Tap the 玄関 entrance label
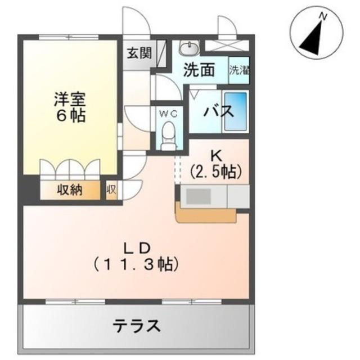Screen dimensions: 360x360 point(138,54)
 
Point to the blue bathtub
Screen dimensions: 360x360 point(236,111)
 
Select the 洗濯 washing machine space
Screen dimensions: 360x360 point(239,70)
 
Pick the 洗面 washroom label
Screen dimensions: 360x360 point(200,70)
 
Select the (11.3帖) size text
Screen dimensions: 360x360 point(136,263)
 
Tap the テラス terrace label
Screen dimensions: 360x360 point(137,326)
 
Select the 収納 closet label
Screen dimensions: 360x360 point(69,190)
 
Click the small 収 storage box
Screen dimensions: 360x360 point(111,190)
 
